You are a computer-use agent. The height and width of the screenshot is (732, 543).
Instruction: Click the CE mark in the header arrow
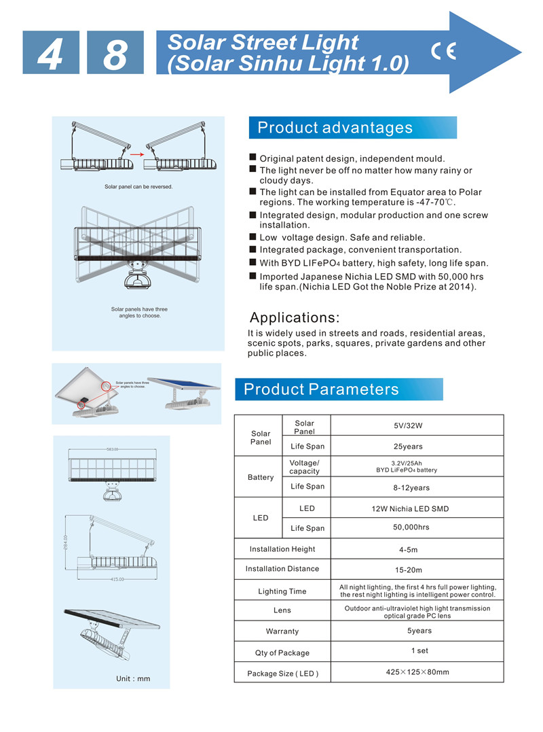(443, 51)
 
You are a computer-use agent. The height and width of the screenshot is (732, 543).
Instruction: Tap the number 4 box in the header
(51, 52)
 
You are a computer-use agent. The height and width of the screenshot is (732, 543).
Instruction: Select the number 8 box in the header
(115, 52)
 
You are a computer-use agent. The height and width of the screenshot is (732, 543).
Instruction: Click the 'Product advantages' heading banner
(353, 128)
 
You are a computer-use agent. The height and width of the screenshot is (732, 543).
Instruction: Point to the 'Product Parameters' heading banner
(339, 389)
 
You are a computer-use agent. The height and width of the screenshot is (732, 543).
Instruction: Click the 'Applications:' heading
(295, 317)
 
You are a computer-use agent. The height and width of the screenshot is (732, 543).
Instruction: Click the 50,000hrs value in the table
(411, 527)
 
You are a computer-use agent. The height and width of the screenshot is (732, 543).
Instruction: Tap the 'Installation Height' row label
(282, 549)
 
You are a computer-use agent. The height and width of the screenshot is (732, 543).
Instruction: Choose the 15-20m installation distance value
(409, 570)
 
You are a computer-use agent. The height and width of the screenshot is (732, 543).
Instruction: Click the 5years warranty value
(419, 631)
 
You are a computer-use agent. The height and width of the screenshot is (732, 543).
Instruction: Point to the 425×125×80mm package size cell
(417, 672)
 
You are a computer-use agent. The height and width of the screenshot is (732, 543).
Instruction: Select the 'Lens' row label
(282, 610)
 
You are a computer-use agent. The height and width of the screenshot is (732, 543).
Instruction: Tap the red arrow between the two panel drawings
(137, 154)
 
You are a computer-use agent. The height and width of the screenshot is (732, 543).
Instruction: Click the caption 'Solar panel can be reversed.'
(138, 187)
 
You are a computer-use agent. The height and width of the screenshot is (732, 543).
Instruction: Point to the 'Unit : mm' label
(133, 678)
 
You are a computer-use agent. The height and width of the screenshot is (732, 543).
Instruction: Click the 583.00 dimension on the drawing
(112, 449)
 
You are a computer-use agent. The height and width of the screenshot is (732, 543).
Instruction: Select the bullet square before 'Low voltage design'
(252, 237)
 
